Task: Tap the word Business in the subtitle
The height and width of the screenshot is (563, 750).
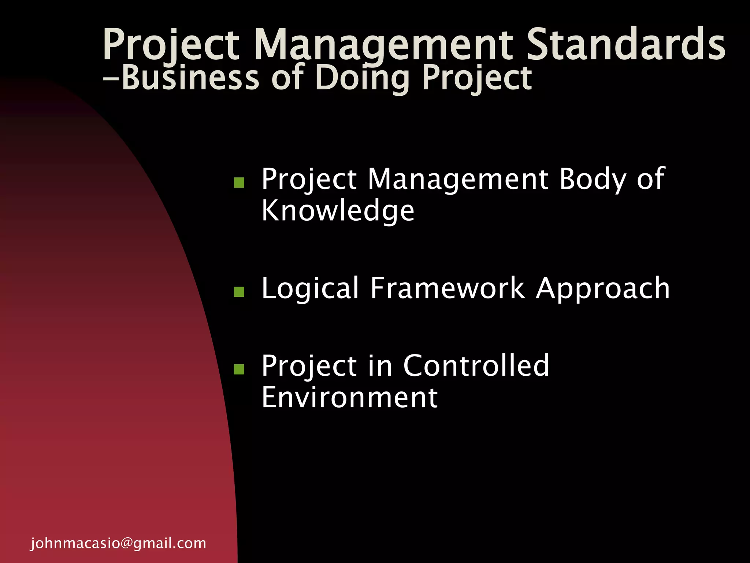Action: [x=190, y=78]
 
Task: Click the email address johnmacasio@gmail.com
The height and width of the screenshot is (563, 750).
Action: [x=118, y=543]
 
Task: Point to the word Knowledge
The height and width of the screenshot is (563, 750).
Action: [x=338, y=211]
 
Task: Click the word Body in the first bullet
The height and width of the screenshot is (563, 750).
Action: [x=593, y=179]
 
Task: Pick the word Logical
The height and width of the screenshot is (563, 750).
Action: [x=310, y=288]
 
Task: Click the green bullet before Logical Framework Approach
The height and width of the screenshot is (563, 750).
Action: [x=239, y=292]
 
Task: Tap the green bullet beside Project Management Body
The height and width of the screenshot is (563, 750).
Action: [x=239, y=183]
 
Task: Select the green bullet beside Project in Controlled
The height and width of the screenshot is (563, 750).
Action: [x=239, y=369]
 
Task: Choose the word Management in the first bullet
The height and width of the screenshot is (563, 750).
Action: [x=458, y=179]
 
